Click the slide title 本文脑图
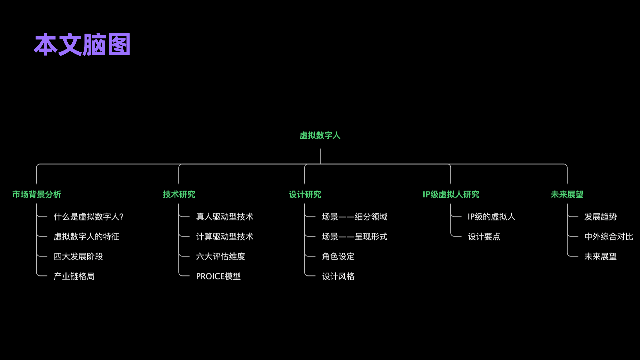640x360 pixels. [82, 44]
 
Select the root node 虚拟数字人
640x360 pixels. [320, 135]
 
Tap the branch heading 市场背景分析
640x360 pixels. [37, 194]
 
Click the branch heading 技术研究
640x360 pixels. [179, 194]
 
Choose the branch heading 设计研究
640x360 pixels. [305, 194]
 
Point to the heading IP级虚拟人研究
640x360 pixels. [451, 194]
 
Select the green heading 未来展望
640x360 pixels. [567, 194]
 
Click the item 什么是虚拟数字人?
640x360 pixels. [89, 217]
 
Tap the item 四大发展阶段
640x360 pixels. [78, 256]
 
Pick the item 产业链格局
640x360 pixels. [74, 276]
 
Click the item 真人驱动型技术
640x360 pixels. [224, 217]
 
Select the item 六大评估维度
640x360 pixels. [220, 256]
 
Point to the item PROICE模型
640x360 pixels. [218, 276]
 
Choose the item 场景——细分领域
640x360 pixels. [354, 217]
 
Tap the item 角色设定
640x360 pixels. [338, 256]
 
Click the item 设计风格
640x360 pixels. [338, 276]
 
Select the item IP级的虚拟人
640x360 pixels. [491, 217]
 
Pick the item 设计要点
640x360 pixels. [484, 237]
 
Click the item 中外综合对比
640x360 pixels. [608, 237]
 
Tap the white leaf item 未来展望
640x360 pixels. [600, 256]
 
